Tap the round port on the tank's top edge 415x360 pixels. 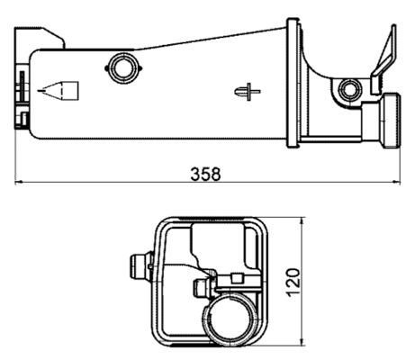coord(121,65)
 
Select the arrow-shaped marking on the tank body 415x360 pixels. coord(60,90)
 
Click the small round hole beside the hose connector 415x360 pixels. coord(349,89)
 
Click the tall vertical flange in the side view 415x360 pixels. coord(293,81)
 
